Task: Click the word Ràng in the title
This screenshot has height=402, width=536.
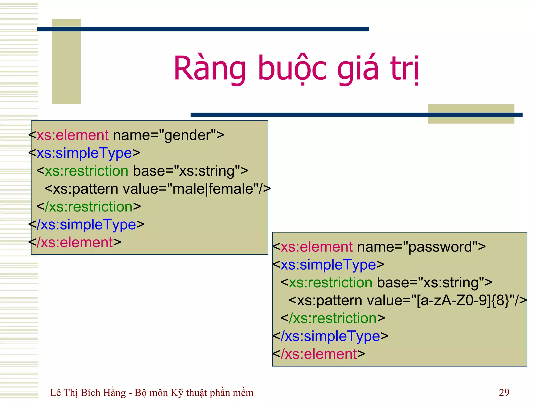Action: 209,69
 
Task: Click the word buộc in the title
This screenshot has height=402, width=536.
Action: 292,69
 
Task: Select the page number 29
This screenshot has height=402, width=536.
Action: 504,392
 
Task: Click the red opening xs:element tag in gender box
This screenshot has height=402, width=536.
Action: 72,135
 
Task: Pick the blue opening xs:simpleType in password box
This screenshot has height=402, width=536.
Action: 328,265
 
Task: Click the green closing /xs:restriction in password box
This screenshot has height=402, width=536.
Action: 333,319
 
